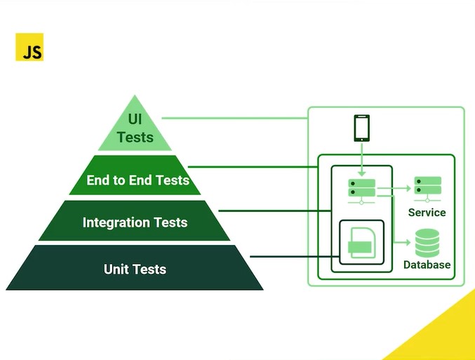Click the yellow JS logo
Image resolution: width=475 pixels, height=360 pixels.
coord(29,47)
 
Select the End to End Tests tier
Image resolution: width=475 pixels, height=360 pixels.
coord(137,180)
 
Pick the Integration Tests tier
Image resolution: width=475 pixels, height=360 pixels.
coord(135,222)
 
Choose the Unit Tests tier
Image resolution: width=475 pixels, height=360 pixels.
coord(135,269)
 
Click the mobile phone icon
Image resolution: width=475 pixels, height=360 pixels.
coord(361,128)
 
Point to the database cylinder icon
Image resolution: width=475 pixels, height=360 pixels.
coord(427,244)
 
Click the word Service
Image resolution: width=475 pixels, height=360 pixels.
coord(427,212)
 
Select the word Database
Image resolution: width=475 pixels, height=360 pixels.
coord(427,265)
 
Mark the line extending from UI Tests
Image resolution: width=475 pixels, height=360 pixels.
coord(235,117)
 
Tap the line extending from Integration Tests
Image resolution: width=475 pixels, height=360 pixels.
coord(274,210)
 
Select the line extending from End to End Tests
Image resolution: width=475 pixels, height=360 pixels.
coord(253,167)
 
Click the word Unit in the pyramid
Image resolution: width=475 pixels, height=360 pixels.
coord(116,269)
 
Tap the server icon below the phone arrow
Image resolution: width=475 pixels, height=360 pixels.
coord(362,188)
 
